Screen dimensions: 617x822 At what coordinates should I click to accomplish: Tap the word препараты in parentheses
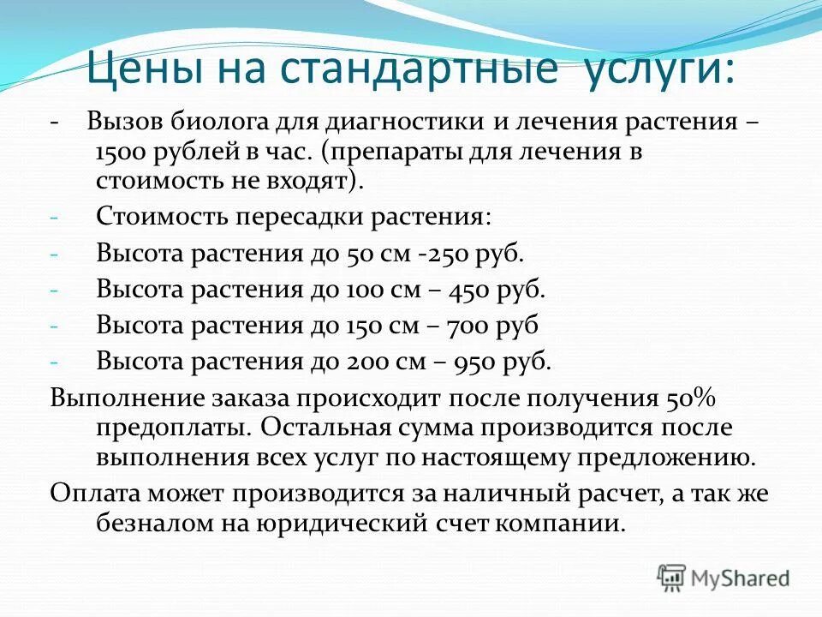pyautogui.click(x=414, y=151)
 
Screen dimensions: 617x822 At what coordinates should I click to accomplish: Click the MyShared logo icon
pyautogui.click(x=672, y=578)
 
